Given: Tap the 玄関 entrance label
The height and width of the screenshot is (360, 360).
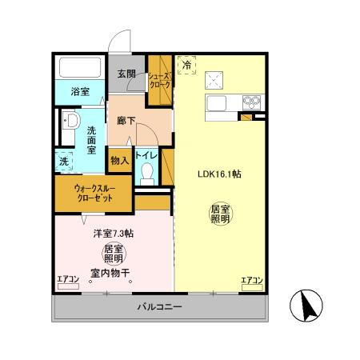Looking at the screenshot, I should [126, 74].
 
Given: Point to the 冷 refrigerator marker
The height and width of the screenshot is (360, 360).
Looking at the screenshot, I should [186, 64].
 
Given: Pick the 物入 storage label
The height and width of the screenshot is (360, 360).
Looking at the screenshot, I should [119, 160].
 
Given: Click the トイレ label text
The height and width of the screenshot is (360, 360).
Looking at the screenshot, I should [146, 154].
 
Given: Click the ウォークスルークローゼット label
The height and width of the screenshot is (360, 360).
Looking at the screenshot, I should [95, 194].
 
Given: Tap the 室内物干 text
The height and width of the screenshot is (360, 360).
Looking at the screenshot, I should [112, 272].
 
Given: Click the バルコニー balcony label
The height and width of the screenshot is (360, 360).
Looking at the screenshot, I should [160, 307].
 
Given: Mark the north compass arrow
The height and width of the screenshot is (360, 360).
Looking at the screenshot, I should [308, 305].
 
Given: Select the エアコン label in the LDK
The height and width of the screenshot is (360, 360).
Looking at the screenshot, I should [253, 279].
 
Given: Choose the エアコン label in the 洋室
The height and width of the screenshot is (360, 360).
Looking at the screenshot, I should [68, 279].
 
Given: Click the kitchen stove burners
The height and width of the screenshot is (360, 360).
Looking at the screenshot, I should [253, 102].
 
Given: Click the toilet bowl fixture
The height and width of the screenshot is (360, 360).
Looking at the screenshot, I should [146, 174].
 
